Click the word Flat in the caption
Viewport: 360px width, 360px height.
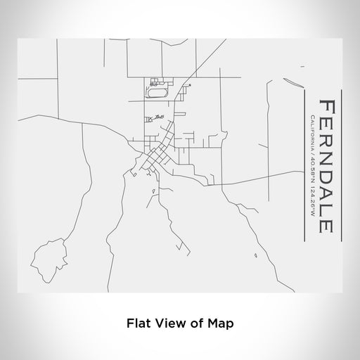[x=138, y=324]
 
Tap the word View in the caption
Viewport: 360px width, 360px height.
[x=168, y=324]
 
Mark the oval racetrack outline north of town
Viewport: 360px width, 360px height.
[x=156, y=91]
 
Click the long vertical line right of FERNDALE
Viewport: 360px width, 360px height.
[x=341, y=166]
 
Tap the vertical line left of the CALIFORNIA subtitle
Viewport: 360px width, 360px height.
[x=303, y=166]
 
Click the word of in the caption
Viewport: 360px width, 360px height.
[x=195, y=324]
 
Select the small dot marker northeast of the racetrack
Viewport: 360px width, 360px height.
[x=190, y=84]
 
